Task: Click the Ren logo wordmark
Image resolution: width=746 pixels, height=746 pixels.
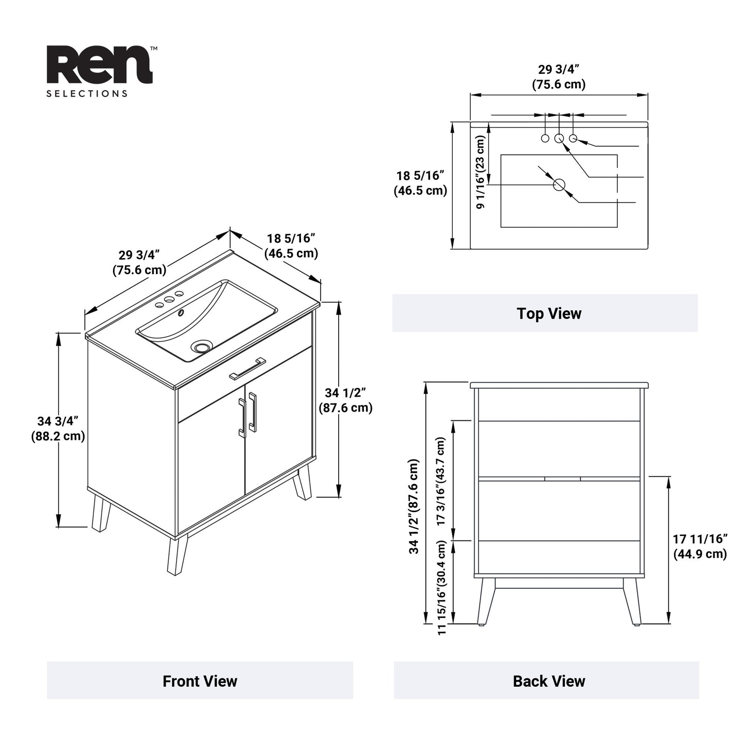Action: [100, 65]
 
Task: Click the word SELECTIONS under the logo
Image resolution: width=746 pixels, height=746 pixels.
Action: [87, 94]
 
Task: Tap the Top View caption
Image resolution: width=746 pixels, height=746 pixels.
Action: [549, 313]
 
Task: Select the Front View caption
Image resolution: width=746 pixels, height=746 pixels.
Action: [200, 681]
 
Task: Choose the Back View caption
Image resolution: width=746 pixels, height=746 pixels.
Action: [549, 681]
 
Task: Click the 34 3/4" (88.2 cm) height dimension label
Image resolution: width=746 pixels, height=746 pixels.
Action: [58, 428]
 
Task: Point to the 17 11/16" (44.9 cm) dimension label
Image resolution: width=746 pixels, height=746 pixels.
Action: [700, 546]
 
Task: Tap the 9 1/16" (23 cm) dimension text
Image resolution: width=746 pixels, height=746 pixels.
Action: [481, 172]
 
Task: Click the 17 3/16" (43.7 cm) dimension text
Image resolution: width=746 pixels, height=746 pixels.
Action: [441, 481]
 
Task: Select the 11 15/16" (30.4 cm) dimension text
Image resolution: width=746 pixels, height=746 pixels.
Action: [441, 588]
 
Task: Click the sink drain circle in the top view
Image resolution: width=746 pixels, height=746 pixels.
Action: [559, 185]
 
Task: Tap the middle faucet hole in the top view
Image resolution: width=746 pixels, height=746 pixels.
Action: [559, 138]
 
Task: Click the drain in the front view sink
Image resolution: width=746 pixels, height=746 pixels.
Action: [201, 346]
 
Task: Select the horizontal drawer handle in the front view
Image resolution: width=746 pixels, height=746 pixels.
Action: [248, 368]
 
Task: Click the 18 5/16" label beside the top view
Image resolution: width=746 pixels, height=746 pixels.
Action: [420, 183]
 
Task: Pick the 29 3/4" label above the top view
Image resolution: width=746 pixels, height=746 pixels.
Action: [559, 77]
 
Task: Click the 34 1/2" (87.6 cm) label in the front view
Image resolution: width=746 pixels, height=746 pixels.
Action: [345, 400]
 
